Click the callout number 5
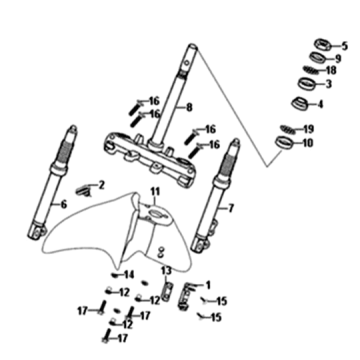coord(344,46)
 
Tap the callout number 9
coord(338,59)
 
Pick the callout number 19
coord(309,129)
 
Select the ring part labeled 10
coord(284,143)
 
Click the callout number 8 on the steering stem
coord(189,108)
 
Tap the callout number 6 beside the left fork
coord(63,205)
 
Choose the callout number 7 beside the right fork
coord(231,209)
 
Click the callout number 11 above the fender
coord(155,192)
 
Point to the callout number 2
coord(101,185)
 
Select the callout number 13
coord(166,270)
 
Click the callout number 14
coord(129,275)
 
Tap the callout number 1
coord(208,285)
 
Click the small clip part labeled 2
coord(84,191)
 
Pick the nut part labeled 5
coord(323,44)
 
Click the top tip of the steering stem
coord(193,46)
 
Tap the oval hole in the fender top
coord(156,211)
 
